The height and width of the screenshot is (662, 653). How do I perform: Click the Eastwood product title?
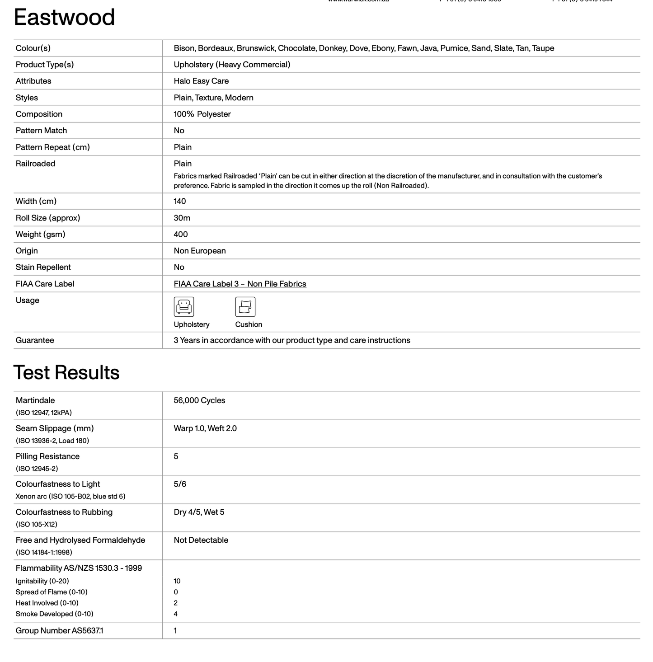[64, 18]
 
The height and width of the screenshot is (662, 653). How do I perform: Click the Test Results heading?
[66, 373]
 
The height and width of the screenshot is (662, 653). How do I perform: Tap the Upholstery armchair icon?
[184, 307]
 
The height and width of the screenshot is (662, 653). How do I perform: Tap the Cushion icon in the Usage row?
[245, 307]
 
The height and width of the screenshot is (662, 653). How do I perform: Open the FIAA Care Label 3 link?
[240, 284]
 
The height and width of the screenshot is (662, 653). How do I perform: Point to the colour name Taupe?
[543, 48]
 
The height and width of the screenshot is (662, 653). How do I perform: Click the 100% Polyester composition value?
[202, 114]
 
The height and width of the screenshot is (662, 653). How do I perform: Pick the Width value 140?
[180, 202]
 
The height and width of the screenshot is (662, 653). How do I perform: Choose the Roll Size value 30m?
[182, 218]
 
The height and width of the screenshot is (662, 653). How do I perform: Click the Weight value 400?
[181, 235]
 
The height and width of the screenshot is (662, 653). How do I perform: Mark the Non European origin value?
[200, 251]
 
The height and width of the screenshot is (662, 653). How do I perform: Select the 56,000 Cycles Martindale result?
[199, 400]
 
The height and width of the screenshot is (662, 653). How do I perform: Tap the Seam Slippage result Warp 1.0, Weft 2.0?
[205, 428]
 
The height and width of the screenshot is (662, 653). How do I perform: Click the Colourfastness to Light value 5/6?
[180, 484]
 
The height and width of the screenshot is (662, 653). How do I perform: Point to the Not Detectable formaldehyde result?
[201, 540]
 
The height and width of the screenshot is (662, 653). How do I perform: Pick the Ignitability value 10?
[177, 581]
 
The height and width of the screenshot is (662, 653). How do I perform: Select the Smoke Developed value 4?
[176, 614]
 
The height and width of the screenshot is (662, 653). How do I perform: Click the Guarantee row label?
[35, 340]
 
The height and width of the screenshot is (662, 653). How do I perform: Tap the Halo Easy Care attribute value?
[201, 81]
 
